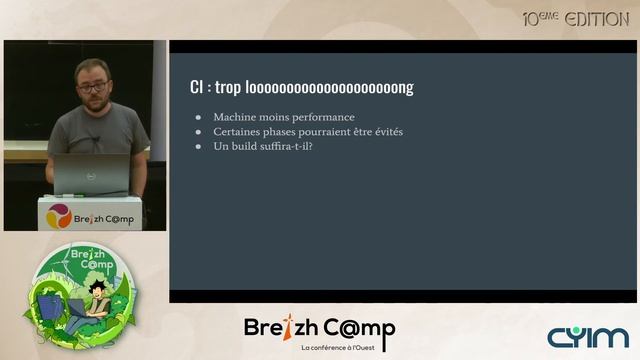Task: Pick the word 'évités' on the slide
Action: pyautogui.click(x=385, y=132)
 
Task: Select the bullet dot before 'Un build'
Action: pyautogui.click(x=199, y=147)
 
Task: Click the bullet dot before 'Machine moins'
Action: pyautogui.click(x=199, y=117)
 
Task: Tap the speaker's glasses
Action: pyautogui.click(x=92, y=88)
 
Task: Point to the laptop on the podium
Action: pyautogui.click(x=91, y=174)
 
